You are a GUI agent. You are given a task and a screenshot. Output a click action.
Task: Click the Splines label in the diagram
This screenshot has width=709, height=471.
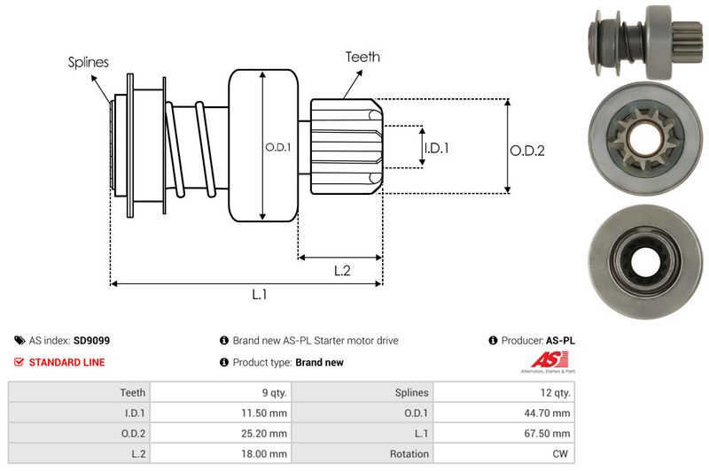click(89, 62)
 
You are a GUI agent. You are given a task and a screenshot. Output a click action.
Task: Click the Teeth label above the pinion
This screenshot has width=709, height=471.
click(362, 57)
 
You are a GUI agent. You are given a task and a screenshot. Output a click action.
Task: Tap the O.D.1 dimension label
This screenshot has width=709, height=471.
click(277, 147)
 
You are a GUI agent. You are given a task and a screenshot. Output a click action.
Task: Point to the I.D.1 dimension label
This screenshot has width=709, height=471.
click(436, 148)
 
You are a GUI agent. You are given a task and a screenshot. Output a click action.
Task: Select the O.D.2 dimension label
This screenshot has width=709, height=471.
click(526, 151)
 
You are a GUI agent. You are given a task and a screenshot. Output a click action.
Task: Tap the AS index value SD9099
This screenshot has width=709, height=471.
click(91, 340)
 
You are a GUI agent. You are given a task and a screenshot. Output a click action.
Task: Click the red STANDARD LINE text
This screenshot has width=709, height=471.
click(66, 362)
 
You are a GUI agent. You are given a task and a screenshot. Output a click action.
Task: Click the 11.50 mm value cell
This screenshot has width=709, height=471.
click(265, 413)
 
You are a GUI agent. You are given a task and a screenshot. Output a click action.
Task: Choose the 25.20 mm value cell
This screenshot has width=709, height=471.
click(265, 433)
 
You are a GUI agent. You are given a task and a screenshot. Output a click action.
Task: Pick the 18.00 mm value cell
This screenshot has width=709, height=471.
click(265, 453)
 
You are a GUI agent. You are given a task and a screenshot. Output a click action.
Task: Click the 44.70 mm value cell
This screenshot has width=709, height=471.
click(549, 413)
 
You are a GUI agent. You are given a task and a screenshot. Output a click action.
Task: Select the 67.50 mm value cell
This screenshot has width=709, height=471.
click(549, 433)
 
